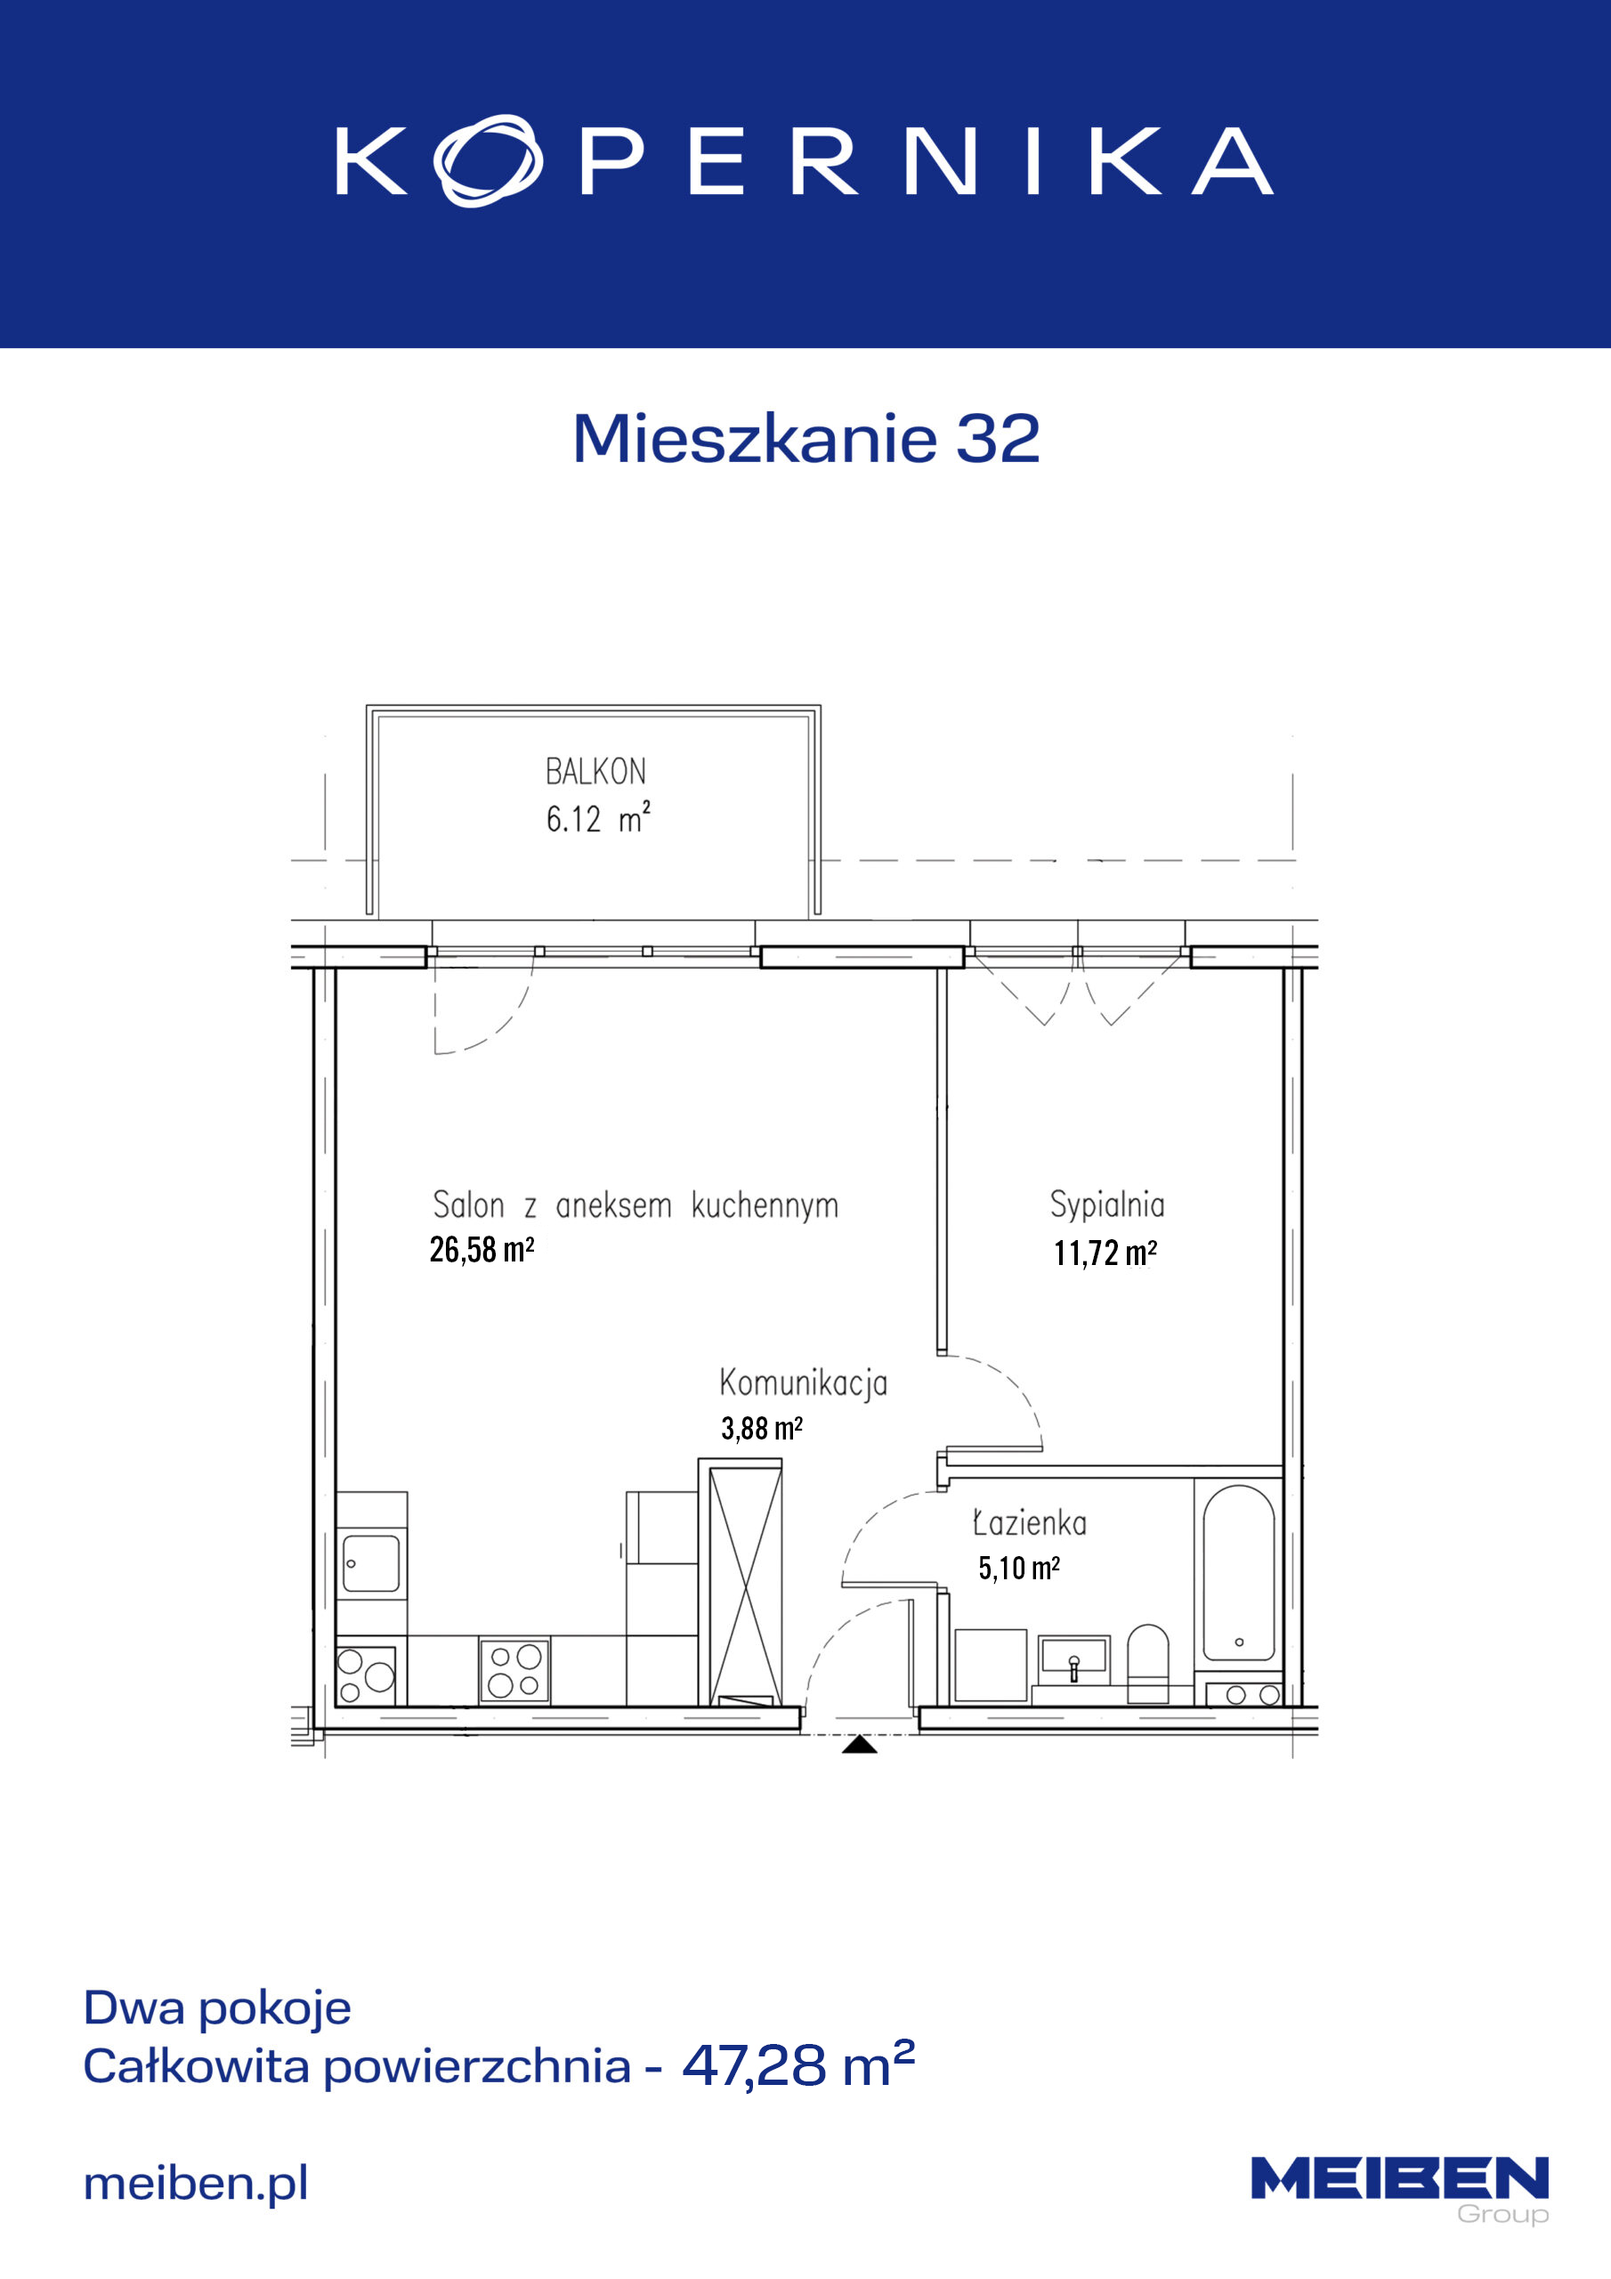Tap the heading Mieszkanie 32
(x=806, y=438)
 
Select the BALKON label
(x=595, y=771)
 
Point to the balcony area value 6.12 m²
(x=597, y=818)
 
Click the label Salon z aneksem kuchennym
(x=635, y=1205)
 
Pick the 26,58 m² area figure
(x=482, y=1250)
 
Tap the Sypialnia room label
(x=1106, y=1205)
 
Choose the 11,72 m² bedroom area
(x=1105, y=1253)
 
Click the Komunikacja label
(x=803, y=1383)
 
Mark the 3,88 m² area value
(x=761, y=1428)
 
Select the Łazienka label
(x=1029, y=1522)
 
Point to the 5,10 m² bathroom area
(x=1018, y=1569)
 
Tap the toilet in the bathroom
(x=1148, y=1664)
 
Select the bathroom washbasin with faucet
(x=1074, y=1659)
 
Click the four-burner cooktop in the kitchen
(x=514, y=1671)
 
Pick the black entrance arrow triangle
(x=860, y=1744)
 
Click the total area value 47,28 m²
(x=798, y=2065)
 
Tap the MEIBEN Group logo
(x=1399, y=2191)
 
